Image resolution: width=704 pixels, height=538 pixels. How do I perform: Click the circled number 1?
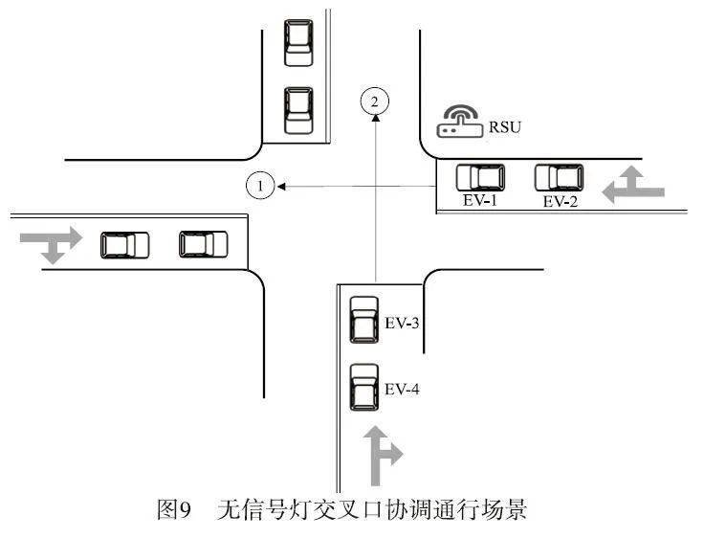[260, 185]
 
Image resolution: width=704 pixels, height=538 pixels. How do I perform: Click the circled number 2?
[376, 99]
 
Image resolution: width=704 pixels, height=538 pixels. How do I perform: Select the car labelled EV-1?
[480, 177]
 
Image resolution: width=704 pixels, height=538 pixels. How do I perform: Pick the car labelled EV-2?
[559, 177]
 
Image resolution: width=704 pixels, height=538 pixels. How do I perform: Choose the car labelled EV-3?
[363, 319]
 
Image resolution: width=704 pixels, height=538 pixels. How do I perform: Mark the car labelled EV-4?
[363, 387]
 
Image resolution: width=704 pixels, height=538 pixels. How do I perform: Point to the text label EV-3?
[403, 324]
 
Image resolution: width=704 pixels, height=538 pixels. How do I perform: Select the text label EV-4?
[403, 390]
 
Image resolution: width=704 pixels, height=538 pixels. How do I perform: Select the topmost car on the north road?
[299, 42]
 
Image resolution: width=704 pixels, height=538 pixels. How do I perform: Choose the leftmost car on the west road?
[125, 245]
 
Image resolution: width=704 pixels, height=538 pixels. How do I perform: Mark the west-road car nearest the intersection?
[204, 245]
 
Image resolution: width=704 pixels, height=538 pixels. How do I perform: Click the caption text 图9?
[175, 508]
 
